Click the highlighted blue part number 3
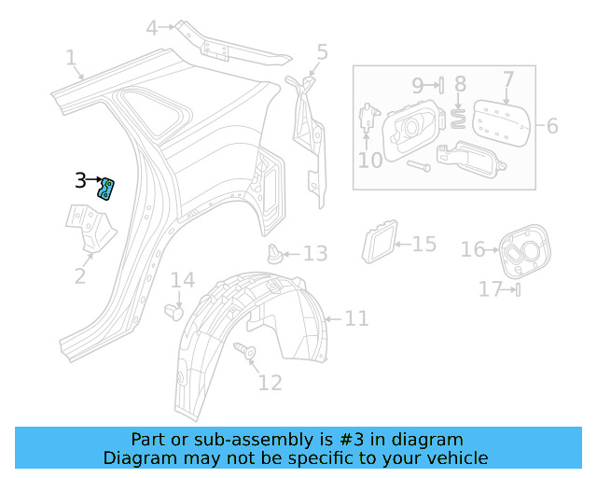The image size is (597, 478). tap(108, 189)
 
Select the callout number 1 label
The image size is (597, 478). tap(71, 59)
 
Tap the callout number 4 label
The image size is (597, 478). tap(152, 28)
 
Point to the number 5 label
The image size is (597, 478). tap(322, 52)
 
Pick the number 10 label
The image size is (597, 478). tap(370, 161)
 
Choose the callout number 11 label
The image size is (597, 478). tap(357, 319)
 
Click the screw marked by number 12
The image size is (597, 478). tap(249, 352)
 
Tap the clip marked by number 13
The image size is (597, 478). tap(275, 252)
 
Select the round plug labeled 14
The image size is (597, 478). tap(174, 309)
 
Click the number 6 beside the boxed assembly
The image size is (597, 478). tap(552, 125)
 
